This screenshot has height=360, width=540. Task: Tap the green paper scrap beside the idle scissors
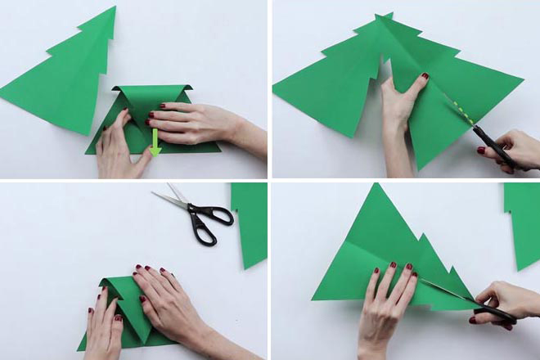(x=250, y=221)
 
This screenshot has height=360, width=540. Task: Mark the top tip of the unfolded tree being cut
(x=385, y=16)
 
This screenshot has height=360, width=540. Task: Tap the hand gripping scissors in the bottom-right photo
(x=507, y=299)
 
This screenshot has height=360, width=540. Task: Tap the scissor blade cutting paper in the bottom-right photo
(x=450, y=292)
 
